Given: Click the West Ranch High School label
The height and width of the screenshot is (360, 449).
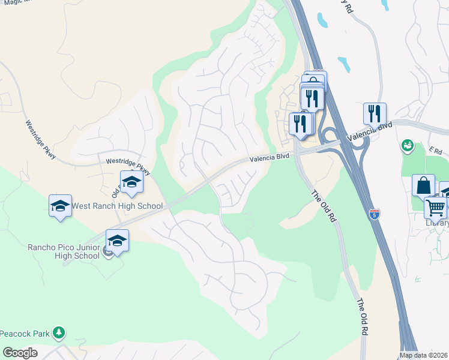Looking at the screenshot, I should tap(116, 206).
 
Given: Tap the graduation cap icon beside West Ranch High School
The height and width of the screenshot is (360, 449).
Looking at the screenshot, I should tap(59, 206).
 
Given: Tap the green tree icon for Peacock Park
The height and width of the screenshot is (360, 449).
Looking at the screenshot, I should tap(58, 332).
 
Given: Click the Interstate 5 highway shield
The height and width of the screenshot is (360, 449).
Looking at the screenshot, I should tap(375, 213).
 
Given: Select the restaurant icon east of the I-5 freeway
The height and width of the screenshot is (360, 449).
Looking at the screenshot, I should tap(375, 112).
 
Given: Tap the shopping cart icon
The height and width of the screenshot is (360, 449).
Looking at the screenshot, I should tap(435, 208).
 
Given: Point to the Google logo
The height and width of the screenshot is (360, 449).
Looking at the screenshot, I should tap(20, 353).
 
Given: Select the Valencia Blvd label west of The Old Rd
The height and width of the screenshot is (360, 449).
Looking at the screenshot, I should tap(270, 157).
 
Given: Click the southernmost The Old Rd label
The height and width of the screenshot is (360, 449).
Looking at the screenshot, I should tap(361, 316).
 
